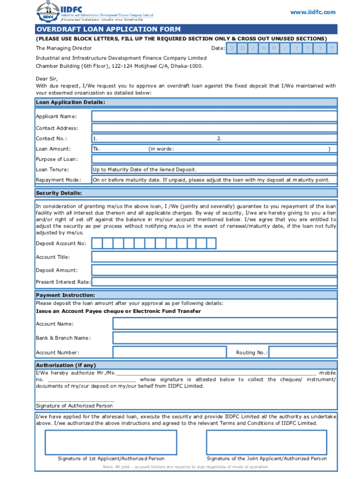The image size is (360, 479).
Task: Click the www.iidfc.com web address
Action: coord(313,12)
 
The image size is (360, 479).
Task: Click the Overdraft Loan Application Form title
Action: coord(108,29)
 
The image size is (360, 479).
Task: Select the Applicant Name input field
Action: coord(214,116)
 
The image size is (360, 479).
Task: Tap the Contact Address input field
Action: coord(214,128)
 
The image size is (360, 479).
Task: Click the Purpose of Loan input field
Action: coord(214,159)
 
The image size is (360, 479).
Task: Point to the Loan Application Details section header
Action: coord(71,102)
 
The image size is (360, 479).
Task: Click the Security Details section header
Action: coord(59,193)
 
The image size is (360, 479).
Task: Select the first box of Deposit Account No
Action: coord(97,243)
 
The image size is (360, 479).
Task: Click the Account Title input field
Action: coord(214,257)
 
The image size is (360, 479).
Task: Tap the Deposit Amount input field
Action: coord(214,270)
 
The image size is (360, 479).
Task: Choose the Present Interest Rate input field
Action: coord(214,282)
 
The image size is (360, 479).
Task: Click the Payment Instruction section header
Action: coord(65,295)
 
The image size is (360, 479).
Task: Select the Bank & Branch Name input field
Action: coord(224,338)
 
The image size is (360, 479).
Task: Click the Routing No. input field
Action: coord(302,352)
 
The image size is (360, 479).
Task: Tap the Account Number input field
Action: coord(169,352)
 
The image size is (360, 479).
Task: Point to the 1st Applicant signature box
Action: coord(111,442)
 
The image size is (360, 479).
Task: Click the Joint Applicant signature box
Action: coord(266,442)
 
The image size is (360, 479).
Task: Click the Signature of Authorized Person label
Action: coord(74,406)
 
